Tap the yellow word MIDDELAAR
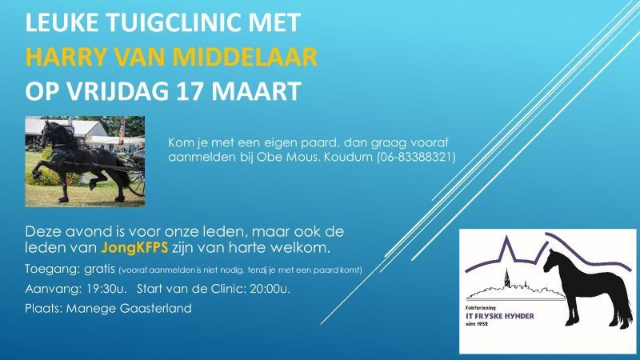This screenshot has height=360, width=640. (x=245, y=57)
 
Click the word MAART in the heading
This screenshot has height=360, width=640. (x=256, y=91)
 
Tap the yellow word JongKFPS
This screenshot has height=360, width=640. (x=134, y=247)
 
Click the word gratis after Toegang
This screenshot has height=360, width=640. (x=99, y=270)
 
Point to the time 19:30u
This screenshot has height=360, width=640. (x=106, y=289)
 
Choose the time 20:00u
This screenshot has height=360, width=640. (x=270, y=289)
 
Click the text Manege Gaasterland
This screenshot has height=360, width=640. (x=129, y=308)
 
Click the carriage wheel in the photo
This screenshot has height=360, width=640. (x=138, y=179)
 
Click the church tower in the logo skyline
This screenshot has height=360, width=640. (x=507, y=278)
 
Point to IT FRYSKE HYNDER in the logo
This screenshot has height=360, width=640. (x=499, y=316)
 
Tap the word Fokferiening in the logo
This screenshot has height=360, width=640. (x=481, y=308)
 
